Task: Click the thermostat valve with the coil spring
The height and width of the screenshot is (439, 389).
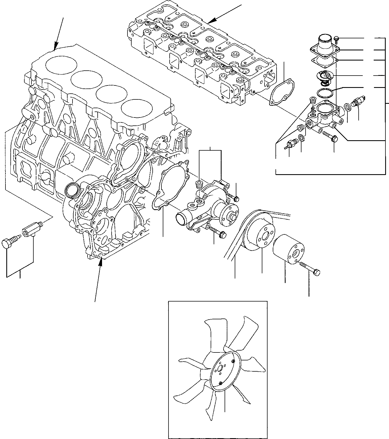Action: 324,76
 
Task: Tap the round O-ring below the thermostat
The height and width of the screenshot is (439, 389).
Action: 325,93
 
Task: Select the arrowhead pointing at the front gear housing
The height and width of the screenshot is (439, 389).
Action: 101,262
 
